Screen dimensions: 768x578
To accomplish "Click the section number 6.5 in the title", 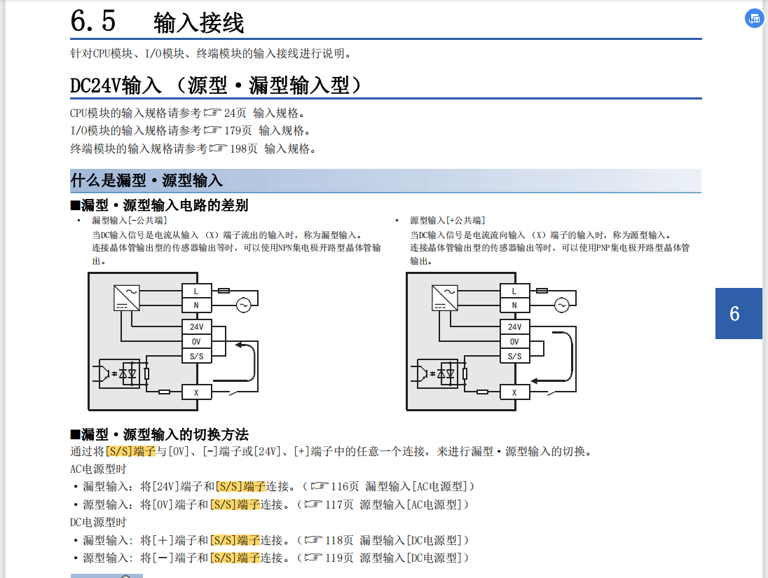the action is point(93,20).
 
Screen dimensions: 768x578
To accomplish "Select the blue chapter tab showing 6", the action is point(739,313).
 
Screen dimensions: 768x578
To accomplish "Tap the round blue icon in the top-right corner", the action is point(754,19).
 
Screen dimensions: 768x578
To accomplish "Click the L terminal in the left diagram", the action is point(196,291).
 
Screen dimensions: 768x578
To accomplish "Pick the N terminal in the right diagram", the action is point(514,305).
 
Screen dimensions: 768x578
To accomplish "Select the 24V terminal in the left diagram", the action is point(196,327).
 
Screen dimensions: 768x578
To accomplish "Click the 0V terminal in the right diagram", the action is point(514,342).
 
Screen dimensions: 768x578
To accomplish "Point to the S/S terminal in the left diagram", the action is point(196,357).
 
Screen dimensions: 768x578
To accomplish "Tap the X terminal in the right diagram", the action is point(514,392).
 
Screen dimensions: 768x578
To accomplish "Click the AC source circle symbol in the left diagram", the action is point(243,305).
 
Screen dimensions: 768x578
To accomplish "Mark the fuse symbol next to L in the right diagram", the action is point(542,290).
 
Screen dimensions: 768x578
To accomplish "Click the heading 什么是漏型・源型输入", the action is point(146,181).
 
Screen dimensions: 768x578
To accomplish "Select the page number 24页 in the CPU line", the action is point(235,113).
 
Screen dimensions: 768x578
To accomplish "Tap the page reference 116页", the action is point(345,486).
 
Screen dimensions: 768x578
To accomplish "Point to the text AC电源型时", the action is point(98,469).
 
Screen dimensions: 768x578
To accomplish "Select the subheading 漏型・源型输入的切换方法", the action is point(165,435).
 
